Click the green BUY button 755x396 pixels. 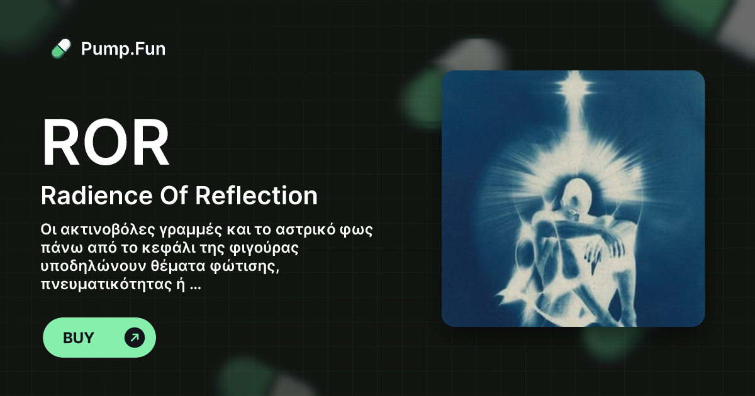99,338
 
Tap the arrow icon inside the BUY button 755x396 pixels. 134,338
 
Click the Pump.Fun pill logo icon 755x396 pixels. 61,48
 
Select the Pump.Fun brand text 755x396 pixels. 123,48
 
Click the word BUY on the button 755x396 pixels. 79,338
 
